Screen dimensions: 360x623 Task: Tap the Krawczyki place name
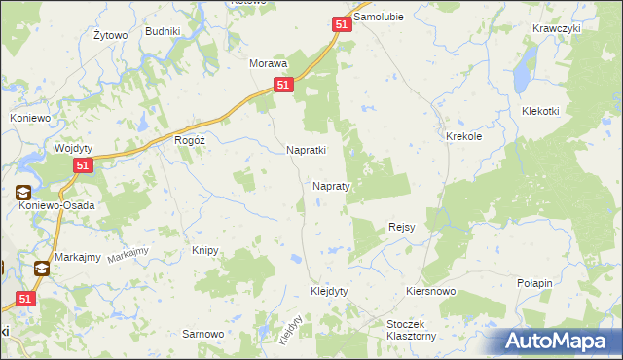click(x=557, y=28)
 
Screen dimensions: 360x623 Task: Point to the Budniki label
click(x=163, y=31)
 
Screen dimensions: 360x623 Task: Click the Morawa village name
click(x=269, y=63)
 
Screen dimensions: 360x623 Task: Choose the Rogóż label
click(x=189, y=140)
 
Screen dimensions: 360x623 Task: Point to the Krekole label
click(x=464, y=137)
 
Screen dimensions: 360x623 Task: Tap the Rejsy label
click(x=402, y=227)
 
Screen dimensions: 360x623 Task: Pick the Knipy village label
click(x=204, y=250)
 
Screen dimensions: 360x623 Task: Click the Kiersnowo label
click(x=430, y=292)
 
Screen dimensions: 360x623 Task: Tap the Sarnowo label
click(x=203, y=334)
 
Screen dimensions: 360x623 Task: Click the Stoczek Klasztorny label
click(x=411, y=328)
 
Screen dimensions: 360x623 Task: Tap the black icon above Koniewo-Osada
click(x=22, y=193)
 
